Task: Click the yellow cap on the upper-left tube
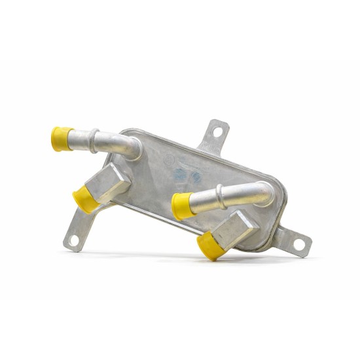click(62, 138)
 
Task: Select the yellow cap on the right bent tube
click(182, 206)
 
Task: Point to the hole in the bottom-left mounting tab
click(73, 240)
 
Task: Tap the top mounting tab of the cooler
click(213, 136)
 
